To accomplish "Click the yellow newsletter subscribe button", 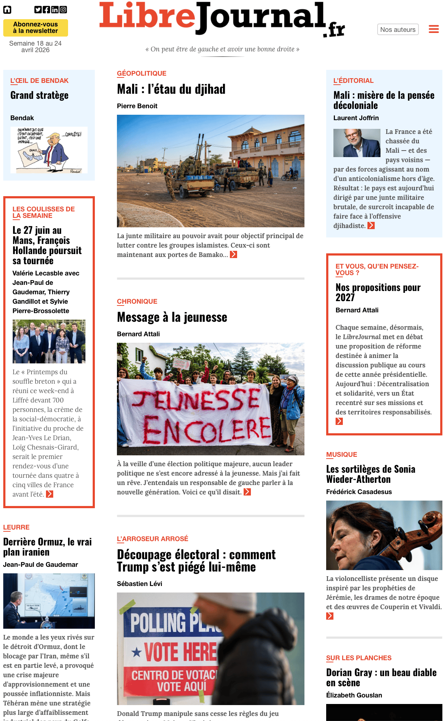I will point(35,28).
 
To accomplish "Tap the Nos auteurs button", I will point(397,30).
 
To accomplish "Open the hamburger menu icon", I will point(434,29).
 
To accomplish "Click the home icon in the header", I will point(7,10).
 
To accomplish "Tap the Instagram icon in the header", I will point(63,10).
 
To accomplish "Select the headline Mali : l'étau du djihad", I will point(171,89).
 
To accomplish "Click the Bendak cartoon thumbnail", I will point(49,150).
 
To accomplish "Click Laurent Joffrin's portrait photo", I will point(357,143).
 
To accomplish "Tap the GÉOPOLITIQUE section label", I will point(142,73).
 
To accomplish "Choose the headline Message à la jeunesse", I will point(172,317).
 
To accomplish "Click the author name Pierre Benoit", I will point(137,106).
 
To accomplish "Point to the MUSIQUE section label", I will point(341,455).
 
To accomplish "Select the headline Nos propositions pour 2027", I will point(378,292).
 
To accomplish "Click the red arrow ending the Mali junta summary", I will point(233,255).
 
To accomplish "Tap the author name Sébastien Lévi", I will point(139,584).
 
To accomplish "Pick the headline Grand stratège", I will point(39,96).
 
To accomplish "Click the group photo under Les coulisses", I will point(49,341).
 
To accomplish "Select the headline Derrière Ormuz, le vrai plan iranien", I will point(47,547).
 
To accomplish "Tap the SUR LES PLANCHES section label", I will point(358,658).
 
